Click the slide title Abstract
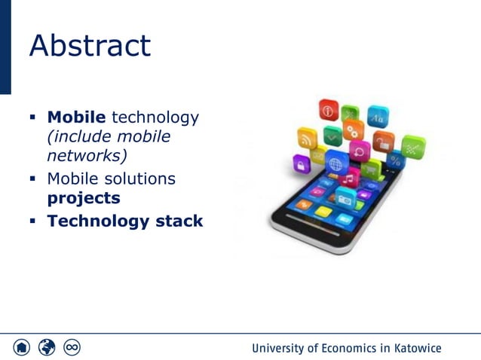point(90,46)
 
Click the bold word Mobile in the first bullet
point(76,117)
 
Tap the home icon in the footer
point(22,347)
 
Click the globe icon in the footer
point(47,347)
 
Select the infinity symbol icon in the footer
point(72,347)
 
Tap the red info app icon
point(328,111)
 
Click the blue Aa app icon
point(377,117)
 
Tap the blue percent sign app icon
point(395,160)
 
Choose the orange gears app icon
point(353,130)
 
